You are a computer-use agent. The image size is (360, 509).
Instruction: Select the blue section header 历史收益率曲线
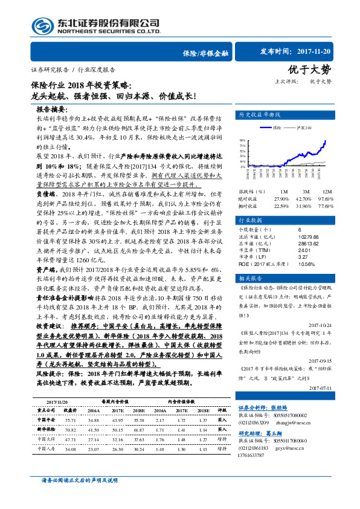click(260, 114)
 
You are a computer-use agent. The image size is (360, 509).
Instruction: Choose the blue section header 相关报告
click(250, 278)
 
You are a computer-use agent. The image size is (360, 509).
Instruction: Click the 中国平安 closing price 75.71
click(69, 418)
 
